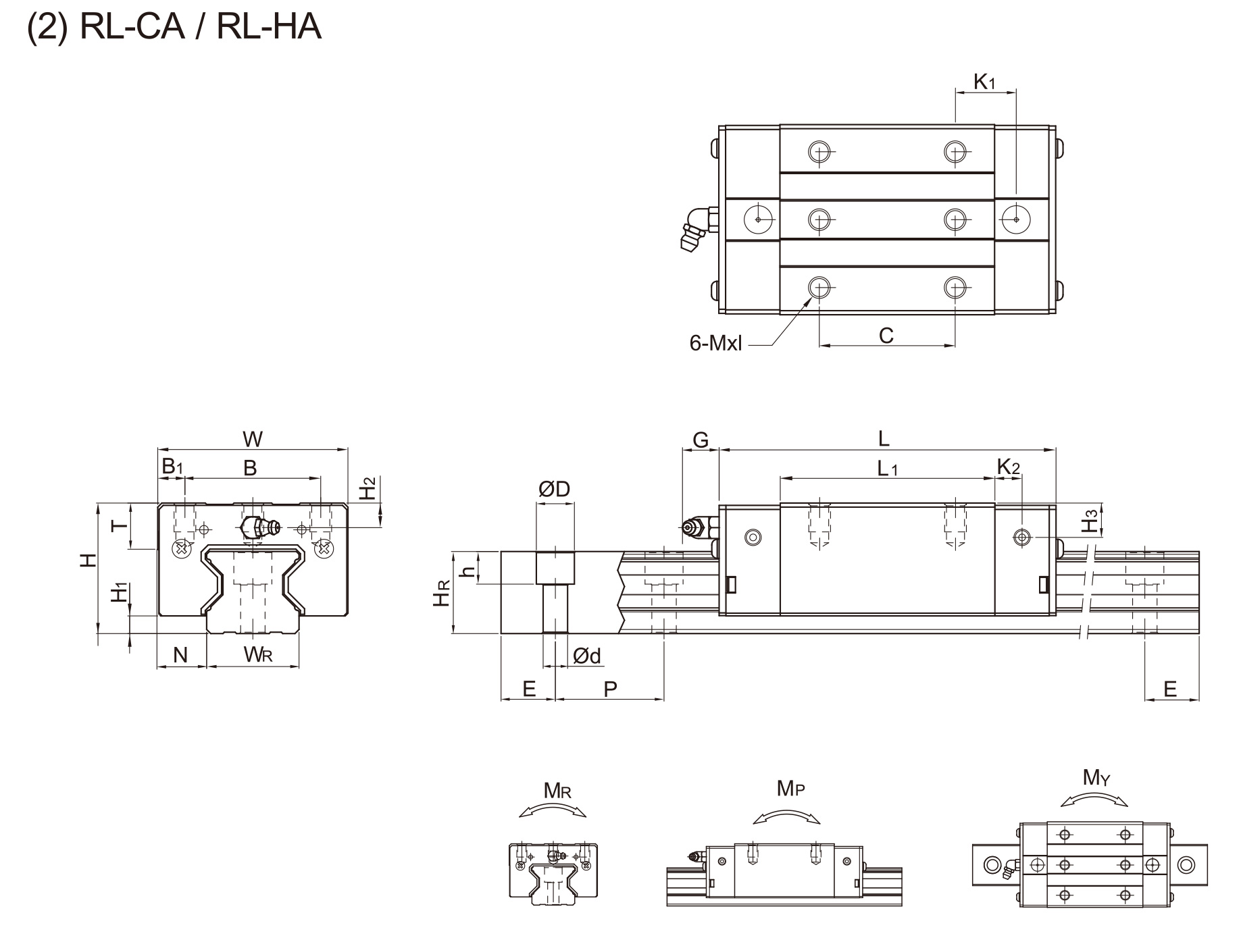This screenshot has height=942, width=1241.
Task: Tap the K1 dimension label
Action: (x=984, y=82)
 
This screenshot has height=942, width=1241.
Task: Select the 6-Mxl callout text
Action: (x=715, y=343)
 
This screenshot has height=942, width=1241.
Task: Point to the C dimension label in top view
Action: (x=886, y=335)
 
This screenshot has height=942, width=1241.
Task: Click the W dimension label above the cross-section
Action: (x=253, y=440)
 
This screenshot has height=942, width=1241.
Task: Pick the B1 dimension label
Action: (x=172, y=466)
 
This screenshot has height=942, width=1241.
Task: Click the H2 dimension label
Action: (x=366, y=488)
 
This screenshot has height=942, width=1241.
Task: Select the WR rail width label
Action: (x=258, y=654)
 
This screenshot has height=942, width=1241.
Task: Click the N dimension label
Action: (x=180, y=654)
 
